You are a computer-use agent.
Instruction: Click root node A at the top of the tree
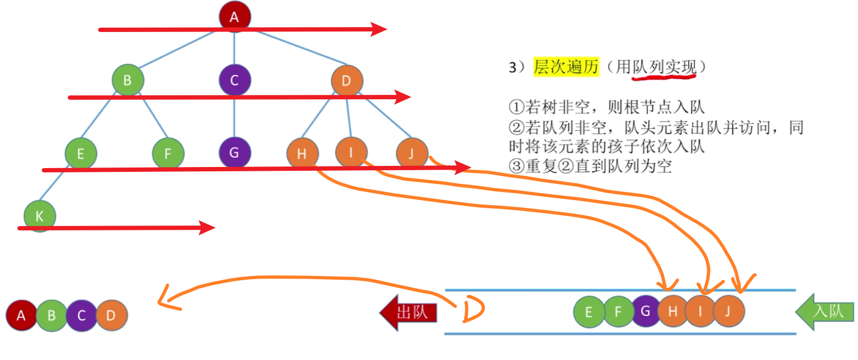tap(234, 16)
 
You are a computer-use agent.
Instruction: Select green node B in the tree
tap(127, 80)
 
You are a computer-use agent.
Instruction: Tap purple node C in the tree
tap(234, 80)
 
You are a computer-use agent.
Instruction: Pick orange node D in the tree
tap(346, 80)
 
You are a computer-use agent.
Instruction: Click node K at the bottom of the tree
tap(40, 216)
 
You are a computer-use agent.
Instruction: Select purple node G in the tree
tap(234, 152)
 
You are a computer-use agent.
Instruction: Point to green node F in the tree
tap(167, 153)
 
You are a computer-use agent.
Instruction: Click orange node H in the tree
tap(302, 153)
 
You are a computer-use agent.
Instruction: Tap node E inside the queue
tap(589, 312)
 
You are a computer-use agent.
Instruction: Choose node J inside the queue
tap(728, 311)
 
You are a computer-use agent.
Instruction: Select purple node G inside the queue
tap(645, 311)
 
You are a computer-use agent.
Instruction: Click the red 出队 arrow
tap(409, 312)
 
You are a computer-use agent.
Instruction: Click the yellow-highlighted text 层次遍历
tap(566, 67)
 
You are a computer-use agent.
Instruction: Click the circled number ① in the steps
tap(516, 107)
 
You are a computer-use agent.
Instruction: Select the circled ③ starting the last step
tap(516, 166)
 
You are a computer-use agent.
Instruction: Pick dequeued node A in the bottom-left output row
tap(21, 315)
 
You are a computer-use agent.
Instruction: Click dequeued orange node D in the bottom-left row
tap(111, 315)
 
